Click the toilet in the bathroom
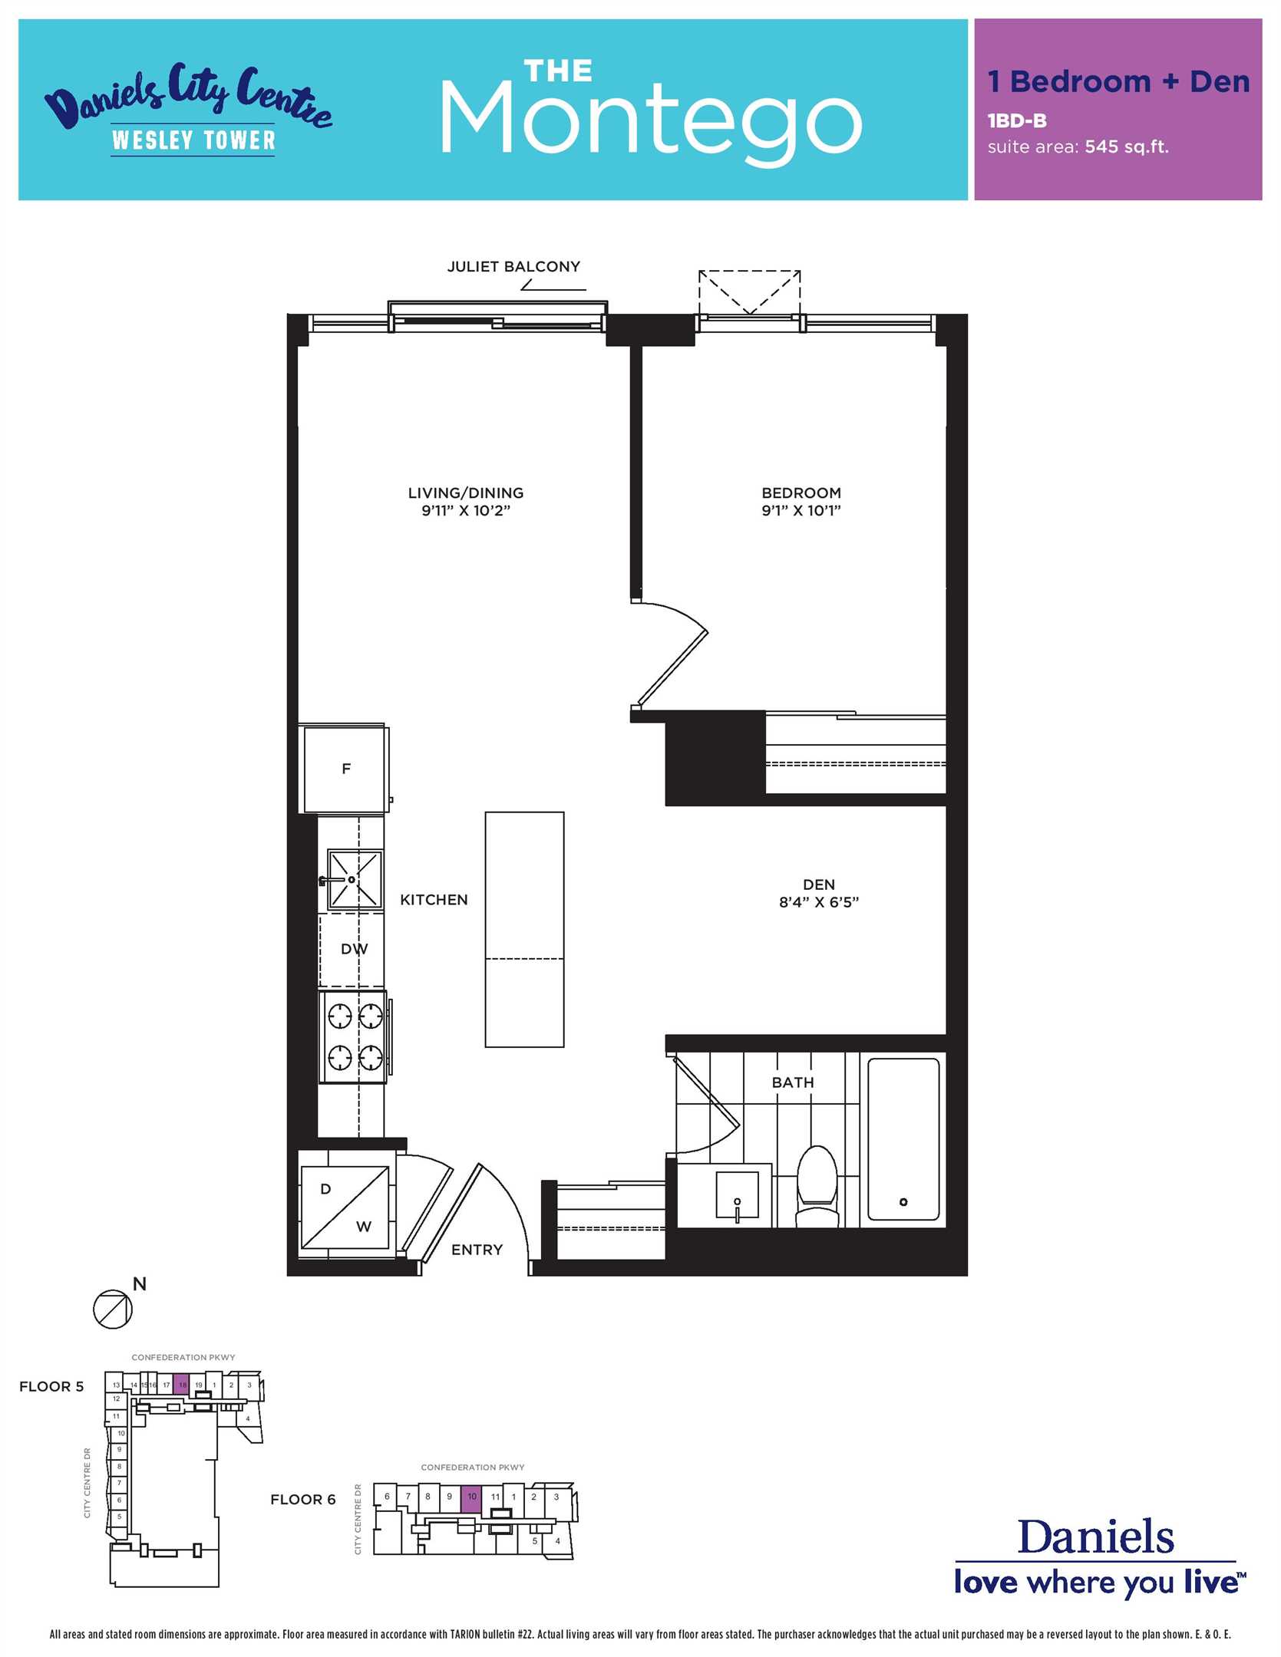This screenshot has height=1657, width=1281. [817, 1185]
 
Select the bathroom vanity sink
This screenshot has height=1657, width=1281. [737, 1195]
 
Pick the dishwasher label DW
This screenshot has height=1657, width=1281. [355, 949]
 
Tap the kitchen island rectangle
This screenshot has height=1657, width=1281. [524, 929]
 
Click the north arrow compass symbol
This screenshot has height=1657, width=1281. [113, 1308]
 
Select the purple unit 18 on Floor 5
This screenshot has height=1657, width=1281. [182, 1385]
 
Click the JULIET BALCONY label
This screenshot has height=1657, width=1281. [513, 267]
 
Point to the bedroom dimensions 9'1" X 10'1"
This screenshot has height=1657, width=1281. [801, 511]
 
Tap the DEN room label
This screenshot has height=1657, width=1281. [819, 885]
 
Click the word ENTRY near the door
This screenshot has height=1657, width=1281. [477, 1250]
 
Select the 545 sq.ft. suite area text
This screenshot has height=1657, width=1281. [1127, 147]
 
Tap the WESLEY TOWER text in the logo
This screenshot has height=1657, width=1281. [193, 140]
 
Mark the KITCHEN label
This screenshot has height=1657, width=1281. [434, 900]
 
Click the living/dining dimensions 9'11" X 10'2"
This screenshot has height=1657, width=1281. [466, 511]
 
